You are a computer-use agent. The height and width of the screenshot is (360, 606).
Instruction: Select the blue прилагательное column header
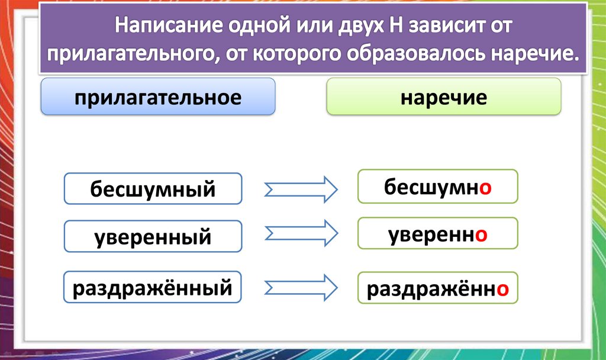[x=157, y=97]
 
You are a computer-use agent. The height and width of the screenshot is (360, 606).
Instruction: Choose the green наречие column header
[x=443, y=97]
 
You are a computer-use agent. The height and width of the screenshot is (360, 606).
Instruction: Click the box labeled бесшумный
[x=153, y=189]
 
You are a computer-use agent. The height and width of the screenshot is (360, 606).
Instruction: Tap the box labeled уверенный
[x=153, y=237]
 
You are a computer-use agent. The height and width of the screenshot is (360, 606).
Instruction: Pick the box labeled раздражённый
[x=153, y=288]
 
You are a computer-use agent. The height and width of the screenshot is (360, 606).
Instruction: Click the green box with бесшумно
[x=437, y=187]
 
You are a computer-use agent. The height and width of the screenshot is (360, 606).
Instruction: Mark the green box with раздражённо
[x=437, y=289]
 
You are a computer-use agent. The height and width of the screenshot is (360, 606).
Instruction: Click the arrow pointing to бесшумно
[x=301, y=189]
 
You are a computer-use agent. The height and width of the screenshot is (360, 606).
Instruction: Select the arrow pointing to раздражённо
[x=301, y=287]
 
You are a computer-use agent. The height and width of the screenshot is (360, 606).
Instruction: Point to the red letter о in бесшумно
[x=485, y=188]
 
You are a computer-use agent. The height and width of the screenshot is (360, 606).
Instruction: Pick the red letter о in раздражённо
[x=502, y=290]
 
